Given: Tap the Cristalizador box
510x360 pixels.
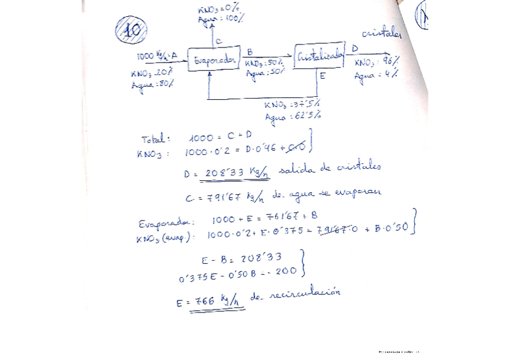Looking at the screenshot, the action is tap(319, 57).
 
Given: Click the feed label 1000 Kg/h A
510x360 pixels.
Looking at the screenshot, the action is tap(157, 56).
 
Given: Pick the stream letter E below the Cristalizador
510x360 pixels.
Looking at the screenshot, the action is tap(322, 76).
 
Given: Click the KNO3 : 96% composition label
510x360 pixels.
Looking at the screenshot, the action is tap(376, 63).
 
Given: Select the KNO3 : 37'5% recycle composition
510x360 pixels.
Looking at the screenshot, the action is tap(291, 103).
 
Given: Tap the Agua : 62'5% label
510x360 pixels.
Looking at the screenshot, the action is tap(292, 115).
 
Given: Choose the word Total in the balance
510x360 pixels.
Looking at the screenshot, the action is tap(156, 139).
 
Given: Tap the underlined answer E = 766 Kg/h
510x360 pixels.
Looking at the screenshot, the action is tap(211, 301).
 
